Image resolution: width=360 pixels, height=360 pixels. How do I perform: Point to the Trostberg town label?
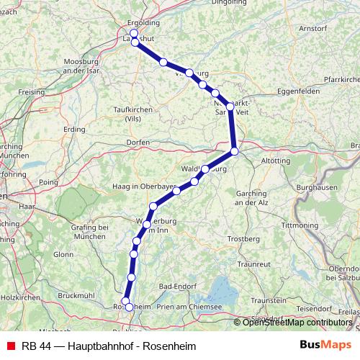(243, 238)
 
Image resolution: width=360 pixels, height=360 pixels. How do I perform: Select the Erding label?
(74, 129)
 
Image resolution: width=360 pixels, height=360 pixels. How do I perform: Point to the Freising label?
(32, 92)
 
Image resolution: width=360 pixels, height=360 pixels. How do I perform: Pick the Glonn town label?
(63, 254)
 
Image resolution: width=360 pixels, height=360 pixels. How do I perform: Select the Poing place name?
(48, 183)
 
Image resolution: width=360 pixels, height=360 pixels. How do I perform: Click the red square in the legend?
(9, 346)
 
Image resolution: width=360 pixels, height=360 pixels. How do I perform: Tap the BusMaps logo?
(320, 346)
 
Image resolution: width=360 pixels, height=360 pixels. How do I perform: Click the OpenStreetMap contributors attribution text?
(297, 322)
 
